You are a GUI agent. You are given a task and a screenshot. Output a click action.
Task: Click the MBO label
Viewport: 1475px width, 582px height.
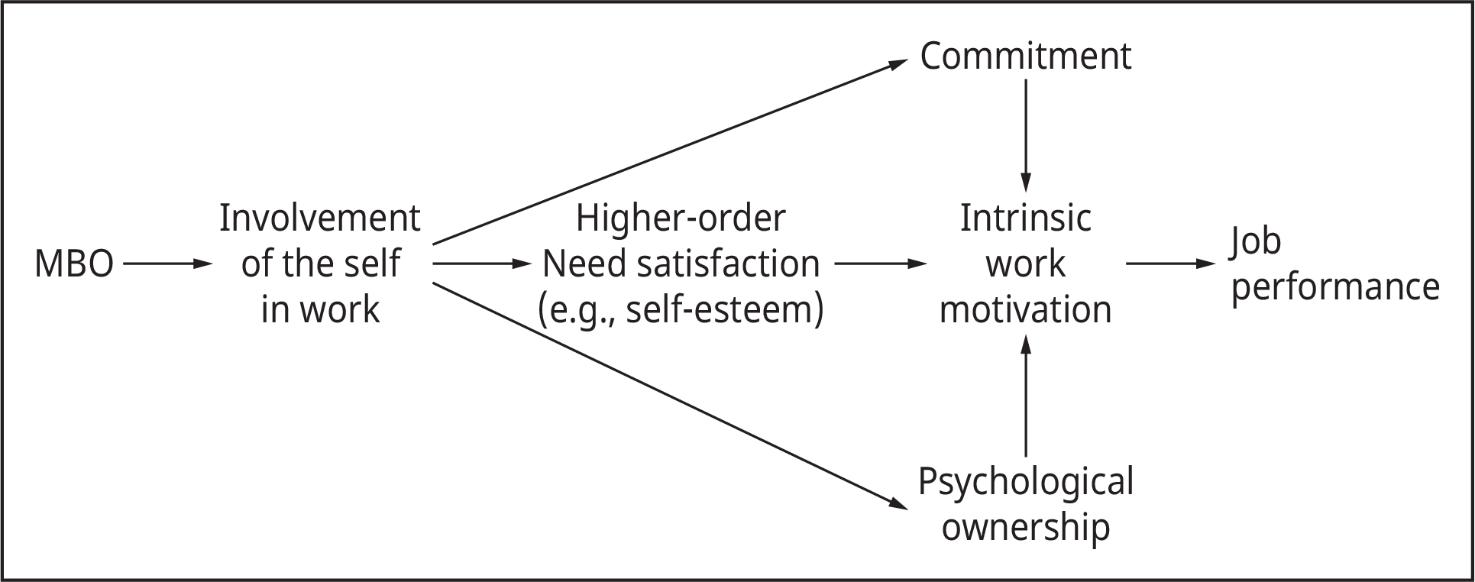pyautogui.click(x=74, y=265)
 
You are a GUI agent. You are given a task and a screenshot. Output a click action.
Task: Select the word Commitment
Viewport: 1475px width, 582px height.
pyautogui.click(x=1025, y=57)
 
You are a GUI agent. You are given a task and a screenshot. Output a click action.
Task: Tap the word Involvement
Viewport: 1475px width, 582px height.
pyautogui.click(x=319, y=219)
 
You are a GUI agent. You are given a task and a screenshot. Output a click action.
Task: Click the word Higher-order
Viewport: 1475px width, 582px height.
pyautogui.click(x=680, y=219)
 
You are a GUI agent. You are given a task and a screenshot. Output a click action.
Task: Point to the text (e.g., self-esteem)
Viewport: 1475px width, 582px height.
pyautogui.click(x=680, y=311)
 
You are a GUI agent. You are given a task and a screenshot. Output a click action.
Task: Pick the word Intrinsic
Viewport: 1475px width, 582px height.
pyautogui.click(x=1025, y=219)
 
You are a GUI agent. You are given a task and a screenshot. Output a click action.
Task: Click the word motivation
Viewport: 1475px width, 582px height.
pyautogui.click(x=1025, y=311)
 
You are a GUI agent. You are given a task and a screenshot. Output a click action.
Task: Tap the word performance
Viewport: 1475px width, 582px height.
pyautogui.click(x=1334, y=288)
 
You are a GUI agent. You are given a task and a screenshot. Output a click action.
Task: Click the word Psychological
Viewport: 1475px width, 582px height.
pyautogui.click(x=1025, y=483)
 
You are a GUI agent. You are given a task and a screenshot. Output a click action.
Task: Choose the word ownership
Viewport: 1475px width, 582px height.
pyautogui.click(x=1025, y=528)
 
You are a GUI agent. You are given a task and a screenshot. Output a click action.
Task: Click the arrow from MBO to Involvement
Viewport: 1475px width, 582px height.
pyautogui.click(x=167, y=264)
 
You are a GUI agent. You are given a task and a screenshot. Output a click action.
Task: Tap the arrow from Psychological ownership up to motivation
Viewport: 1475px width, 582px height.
pyautogui.click(x=1025, y=396)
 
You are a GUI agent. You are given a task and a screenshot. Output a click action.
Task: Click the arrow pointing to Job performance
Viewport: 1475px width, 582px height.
pyautogui.click(x=1170, y=264)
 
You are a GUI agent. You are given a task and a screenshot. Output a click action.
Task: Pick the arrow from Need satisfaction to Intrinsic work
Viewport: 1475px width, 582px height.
pyautogui.click(x=880, y=264)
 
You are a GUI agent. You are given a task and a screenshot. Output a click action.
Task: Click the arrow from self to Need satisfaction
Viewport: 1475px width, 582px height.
pyautogui.click(x=481, y=264)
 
